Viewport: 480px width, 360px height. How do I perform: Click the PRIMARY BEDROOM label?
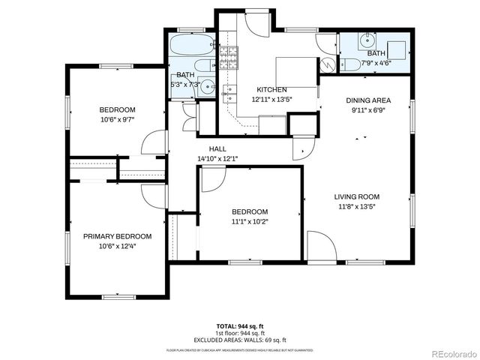[117, 236]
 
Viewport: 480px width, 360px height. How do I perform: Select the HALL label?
[217, 148]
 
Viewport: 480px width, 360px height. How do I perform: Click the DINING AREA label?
[367, 100]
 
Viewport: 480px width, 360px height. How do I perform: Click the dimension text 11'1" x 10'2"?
[249, 221]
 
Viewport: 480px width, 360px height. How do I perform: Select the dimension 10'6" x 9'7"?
[117, 118]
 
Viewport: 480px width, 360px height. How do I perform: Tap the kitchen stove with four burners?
[228, 56]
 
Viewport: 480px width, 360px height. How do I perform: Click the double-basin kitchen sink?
[229, 94]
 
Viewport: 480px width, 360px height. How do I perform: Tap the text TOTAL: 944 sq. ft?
[240, 326]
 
